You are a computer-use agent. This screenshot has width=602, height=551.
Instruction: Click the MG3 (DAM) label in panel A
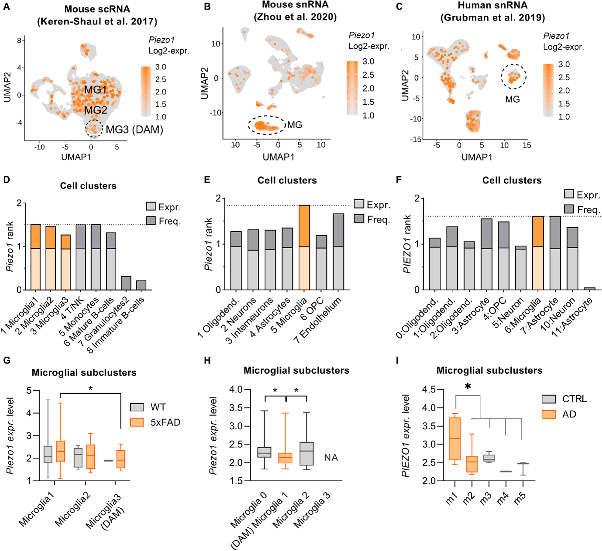pyautogui.click(x=134, y=130)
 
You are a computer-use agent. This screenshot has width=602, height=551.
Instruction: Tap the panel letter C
pyautogui.click(x=399, y=7)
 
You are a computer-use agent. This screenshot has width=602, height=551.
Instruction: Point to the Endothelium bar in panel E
pyautogui.click(x=338, y=251)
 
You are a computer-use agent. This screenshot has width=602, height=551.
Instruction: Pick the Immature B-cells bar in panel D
pyautogui.click(x=141, y=285)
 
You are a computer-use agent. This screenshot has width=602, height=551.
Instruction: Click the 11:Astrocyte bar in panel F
pyautogui.click(x=589, y=288)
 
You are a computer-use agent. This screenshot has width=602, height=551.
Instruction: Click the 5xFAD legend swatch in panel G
pyautogui.click(x=137, y=422)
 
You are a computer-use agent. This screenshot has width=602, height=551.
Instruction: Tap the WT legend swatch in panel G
pyautogui.click(x=137, y=407)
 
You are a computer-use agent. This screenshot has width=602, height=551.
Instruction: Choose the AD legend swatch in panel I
pyautogui.click(x=549, y=414)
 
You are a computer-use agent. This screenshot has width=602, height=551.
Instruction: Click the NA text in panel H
pyautogui.click(x=331, y=457)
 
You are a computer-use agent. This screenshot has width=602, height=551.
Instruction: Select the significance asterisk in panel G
pyautogui.click(x=90, y=389)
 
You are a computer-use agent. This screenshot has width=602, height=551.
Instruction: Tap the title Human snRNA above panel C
pyautogui.click(x=492, y=6)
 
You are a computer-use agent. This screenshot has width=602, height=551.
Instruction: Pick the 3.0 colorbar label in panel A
pyautogui.click(x=161, y=67)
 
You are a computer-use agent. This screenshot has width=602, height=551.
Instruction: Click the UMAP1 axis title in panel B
pyautogui.click(x=278, y=157)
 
